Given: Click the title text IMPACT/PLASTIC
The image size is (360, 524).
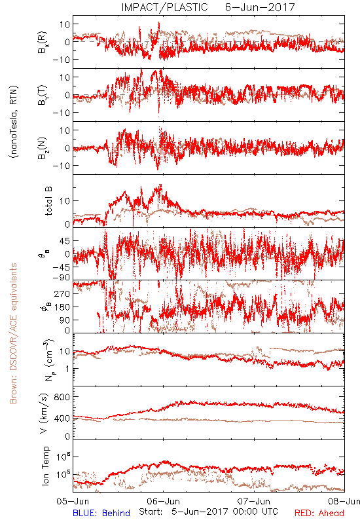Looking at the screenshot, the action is point(164,7).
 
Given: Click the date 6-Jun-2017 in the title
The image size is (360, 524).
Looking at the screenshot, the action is point(260,7).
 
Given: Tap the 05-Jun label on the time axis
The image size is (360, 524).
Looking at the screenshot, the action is point(73,501).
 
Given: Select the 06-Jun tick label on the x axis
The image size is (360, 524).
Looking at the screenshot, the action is point(163,501).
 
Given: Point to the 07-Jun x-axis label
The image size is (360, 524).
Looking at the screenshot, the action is point(254,501).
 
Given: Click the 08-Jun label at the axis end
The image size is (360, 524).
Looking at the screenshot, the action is point(344,501).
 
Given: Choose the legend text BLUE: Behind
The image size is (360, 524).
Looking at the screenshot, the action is point(101,513).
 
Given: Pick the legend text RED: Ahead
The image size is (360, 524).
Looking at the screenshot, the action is point(319,513).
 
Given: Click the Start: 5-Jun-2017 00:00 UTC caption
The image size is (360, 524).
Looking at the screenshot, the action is point(208,512).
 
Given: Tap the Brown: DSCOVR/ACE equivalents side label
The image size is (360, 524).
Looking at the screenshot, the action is point(13,333).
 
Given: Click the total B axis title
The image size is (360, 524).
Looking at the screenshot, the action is point(48,201).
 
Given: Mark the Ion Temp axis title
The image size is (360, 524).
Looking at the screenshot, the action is point(45,466).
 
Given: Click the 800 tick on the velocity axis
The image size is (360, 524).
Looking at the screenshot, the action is point(62,397).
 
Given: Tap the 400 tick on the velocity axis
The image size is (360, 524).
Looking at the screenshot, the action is point(62,418).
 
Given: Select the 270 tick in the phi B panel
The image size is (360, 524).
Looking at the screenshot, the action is point(62,293).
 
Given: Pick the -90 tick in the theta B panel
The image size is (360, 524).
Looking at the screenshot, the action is point(60,278).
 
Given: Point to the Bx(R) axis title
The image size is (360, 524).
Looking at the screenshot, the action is point(43,43).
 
